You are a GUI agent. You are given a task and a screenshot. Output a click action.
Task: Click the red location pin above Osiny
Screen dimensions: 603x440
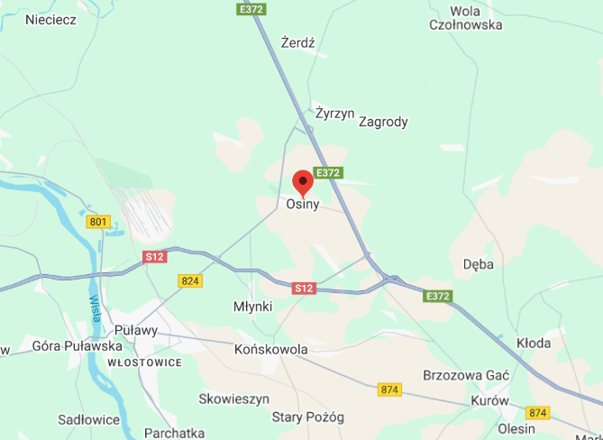pyautogui.click(x=303, y=181)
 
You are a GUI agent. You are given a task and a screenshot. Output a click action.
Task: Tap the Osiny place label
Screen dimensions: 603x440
pyautogui.click(x=303, y=205)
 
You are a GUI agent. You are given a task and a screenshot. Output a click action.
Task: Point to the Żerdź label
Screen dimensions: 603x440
pyautogui.click(x=297, y=42)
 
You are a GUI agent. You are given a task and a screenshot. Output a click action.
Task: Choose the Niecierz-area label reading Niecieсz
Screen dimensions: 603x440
pyautogui.click(x=51, y=19)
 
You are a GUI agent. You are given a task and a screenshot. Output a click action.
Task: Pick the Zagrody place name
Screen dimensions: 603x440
pyautogui.click(x=383, y=122)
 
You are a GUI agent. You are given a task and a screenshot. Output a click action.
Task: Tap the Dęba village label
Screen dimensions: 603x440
pyautogui.click(x=478, y=265)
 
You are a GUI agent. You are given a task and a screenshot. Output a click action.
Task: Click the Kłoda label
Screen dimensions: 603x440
pyautogui.click(x=533, y=344)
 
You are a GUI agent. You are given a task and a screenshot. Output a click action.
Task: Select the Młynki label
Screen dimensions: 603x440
pyautogui.click(x=252, y=307)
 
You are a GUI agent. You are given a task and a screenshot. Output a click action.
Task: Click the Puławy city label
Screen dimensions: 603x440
pyautogui.click(x=136, y=330)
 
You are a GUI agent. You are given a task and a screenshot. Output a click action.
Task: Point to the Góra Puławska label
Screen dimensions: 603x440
pyautogui.click(x=77, y=345)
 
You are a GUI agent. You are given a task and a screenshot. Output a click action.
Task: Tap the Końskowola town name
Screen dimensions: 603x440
pyautogui.click(x=270, y=349)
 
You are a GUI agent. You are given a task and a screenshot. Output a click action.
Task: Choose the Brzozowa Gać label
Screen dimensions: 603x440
pyautogui.click(x=466, y=374)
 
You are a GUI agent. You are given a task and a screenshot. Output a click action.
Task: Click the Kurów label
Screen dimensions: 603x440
pyautogui.click(x=489, y=400)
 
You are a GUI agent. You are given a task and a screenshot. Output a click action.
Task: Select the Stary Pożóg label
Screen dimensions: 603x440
pyautogui.click(x=308, y=417)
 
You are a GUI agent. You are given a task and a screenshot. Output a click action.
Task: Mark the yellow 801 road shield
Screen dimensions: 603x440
pyautogui.click(x=98, y=222)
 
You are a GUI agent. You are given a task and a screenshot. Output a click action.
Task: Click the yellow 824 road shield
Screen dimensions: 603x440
pyautogui.click(x=189, y=281)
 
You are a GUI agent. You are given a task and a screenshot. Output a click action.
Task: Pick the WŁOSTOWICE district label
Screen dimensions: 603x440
pyautogui.click(x=144, y=362)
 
